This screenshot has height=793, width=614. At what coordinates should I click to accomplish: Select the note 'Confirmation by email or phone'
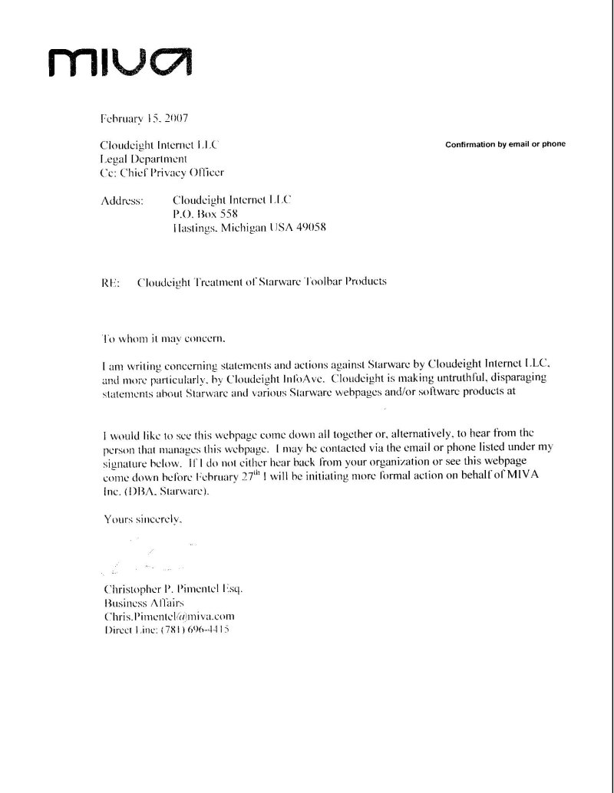505,145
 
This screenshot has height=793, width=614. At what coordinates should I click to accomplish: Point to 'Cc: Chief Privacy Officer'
163,173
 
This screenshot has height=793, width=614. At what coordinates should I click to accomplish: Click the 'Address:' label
122,201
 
